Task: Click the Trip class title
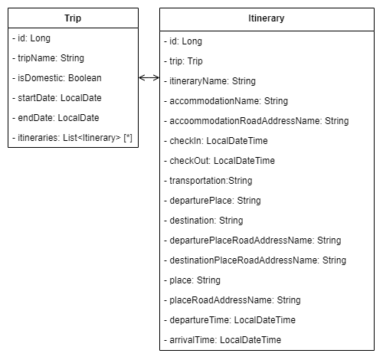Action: click(73, 18)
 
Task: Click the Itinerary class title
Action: click(267, 18)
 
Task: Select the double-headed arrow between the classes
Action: click(149, 77)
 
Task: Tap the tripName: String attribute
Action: click(48, 58)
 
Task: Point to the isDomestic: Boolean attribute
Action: click(57, 78)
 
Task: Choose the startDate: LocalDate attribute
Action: click(57, 98)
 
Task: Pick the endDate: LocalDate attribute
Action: click(56, 118)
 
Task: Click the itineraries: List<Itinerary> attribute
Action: click(72, 138)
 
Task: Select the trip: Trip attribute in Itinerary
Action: click(183, 61)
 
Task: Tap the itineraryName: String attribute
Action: click(210, 81)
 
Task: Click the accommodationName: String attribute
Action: click(226, 101)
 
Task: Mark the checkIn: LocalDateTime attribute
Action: click(216, 141)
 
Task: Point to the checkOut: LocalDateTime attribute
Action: click(219, 161)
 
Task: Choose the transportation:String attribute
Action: click(208, 181)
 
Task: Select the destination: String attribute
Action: click(204, 221)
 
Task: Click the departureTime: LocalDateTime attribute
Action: click(230, 320)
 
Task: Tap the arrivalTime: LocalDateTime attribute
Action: click(222, 340)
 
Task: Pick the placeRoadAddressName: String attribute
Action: click(232, 300)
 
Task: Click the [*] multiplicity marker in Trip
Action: click(128, 138)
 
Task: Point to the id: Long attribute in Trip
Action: click(31, 38)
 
